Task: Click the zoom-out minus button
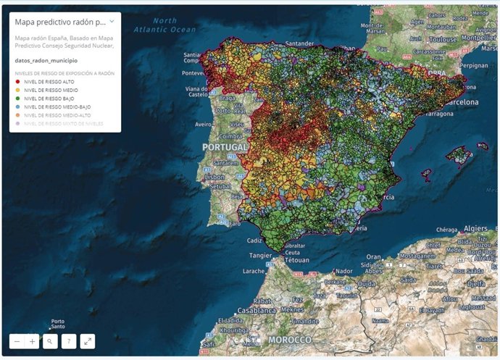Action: click(17, 340)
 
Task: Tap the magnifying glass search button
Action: click(49, 340)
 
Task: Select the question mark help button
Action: click(68, 340)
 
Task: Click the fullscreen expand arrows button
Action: click(87, 340)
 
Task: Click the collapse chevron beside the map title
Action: click(111, 22)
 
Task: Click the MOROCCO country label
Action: click(290, 340)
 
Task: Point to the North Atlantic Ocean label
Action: click(169, 25)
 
